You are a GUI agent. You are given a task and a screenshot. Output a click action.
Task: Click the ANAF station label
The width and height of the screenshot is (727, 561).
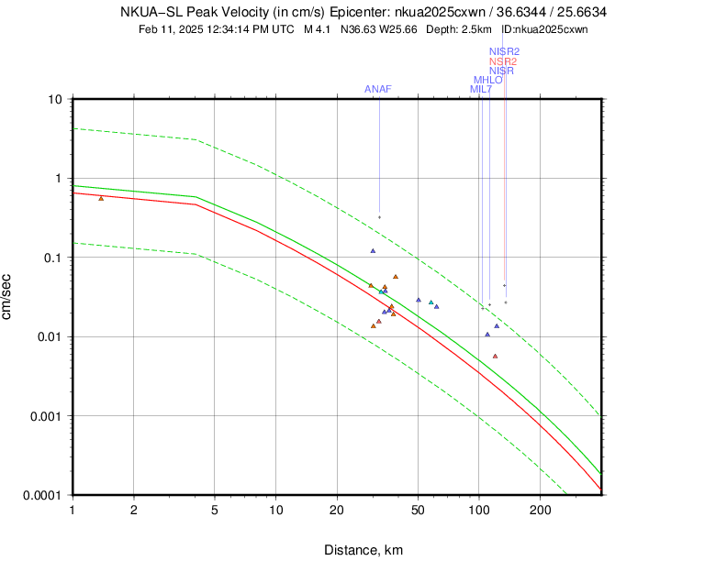coord(378,89)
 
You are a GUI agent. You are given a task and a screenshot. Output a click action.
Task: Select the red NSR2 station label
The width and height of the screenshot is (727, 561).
coord(503,61)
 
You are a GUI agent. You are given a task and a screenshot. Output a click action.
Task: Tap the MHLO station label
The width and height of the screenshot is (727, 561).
coord(487,80)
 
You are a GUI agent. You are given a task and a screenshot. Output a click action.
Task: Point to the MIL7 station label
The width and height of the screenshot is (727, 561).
coord(481,89)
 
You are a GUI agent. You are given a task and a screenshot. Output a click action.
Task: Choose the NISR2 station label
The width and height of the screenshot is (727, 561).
coord(505,51)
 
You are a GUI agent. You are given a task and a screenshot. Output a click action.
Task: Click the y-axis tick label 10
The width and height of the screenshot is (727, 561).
coord(54,99)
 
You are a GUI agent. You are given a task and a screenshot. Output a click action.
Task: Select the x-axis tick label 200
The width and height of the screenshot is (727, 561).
coord(540,510)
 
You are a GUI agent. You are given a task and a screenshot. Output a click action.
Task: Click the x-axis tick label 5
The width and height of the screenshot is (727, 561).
coord(214,510)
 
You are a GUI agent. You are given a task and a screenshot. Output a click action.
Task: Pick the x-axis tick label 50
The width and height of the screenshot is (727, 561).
coord(418,510)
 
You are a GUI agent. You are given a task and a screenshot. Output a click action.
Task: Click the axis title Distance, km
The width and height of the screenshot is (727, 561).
coord(363,550)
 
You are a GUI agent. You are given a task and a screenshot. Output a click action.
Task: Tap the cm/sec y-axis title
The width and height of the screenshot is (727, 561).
coord(8,297)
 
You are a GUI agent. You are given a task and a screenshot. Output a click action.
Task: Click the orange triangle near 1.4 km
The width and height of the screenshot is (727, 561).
coord(101,198)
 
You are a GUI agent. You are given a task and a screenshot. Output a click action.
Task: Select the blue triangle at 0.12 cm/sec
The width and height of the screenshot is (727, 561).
coord(373,250)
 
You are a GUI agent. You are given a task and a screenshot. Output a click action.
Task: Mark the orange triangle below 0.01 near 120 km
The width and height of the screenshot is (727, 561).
coord(495,356)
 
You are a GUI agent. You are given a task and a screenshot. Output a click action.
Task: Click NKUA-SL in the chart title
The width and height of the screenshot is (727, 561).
coord(151,13)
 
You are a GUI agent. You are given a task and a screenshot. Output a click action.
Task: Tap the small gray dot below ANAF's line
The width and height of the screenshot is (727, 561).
coord(379,217)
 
